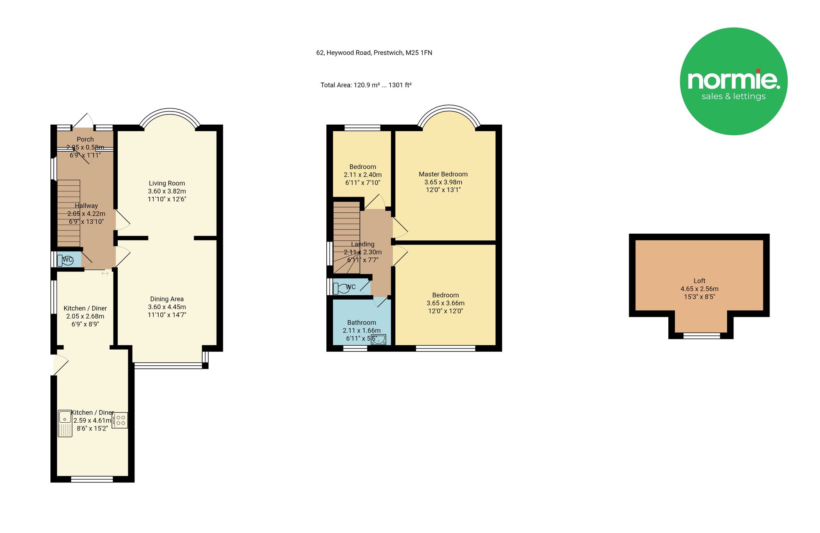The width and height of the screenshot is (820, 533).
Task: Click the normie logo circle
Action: (x=733, y=81)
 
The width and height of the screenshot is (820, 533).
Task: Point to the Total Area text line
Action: (x=366, y=85)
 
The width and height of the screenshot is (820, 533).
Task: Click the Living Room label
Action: (x=167, y=183)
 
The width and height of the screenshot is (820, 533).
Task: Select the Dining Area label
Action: (x=167, y=299)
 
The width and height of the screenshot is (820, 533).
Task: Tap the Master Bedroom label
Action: (x=443, y=174)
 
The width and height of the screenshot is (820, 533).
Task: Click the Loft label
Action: (x=699, y=281)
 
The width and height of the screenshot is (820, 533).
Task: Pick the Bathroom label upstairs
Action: (x=362, y=323)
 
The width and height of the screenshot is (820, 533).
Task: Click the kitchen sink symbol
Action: (x=65, y=424)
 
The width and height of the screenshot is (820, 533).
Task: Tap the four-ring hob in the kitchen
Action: (x=120, y=420)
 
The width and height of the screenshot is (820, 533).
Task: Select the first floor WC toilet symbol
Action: (x=341, y=288)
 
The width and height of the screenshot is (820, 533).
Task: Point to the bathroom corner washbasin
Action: (x=378, y=340)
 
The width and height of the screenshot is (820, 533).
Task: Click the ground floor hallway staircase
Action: (x=68, y=213)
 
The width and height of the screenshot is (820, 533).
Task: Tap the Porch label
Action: (x=85, y=139)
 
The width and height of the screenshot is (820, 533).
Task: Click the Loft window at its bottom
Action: (x=702, y=336)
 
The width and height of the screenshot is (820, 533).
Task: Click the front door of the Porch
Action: (x=83, y=121)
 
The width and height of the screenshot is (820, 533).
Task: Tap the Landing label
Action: (x=363, y=244)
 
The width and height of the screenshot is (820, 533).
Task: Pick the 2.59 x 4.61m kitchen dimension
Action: (x=92, y=421)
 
